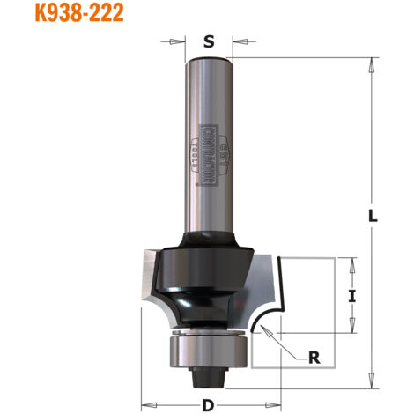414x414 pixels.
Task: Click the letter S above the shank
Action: click(208, 41)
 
